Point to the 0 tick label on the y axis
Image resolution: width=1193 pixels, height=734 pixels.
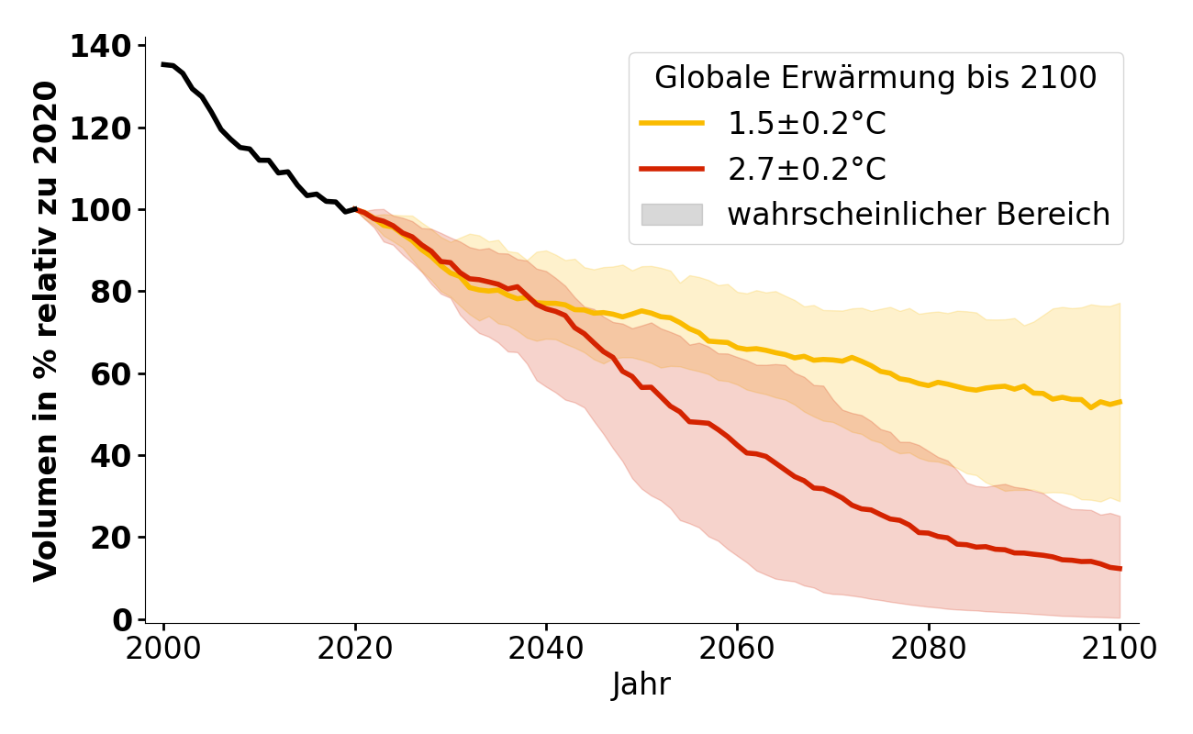click(123, 620)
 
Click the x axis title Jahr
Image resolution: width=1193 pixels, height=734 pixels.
click(641, 684)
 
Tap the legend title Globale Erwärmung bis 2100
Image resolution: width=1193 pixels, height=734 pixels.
click(875, 78)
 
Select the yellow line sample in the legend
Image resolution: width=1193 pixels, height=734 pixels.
click(672, 123)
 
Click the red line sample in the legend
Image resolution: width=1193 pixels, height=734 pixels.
click(672, 169)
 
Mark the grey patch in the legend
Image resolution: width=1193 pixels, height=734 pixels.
click(672, 215)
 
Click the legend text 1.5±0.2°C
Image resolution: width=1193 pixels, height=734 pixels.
click(807, 123)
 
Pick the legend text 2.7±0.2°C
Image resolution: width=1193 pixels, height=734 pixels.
click(807, 169)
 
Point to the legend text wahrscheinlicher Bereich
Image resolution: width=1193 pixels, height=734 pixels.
click(919, 215)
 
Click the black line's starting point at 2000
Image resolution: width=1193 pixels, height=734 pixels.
click(163, 64)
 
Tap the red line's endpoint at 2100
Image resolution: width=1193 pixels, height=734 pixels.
click(1120, 569)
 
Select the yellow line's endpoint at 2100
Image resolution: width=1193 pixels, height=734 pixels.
click(1120, 402)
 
